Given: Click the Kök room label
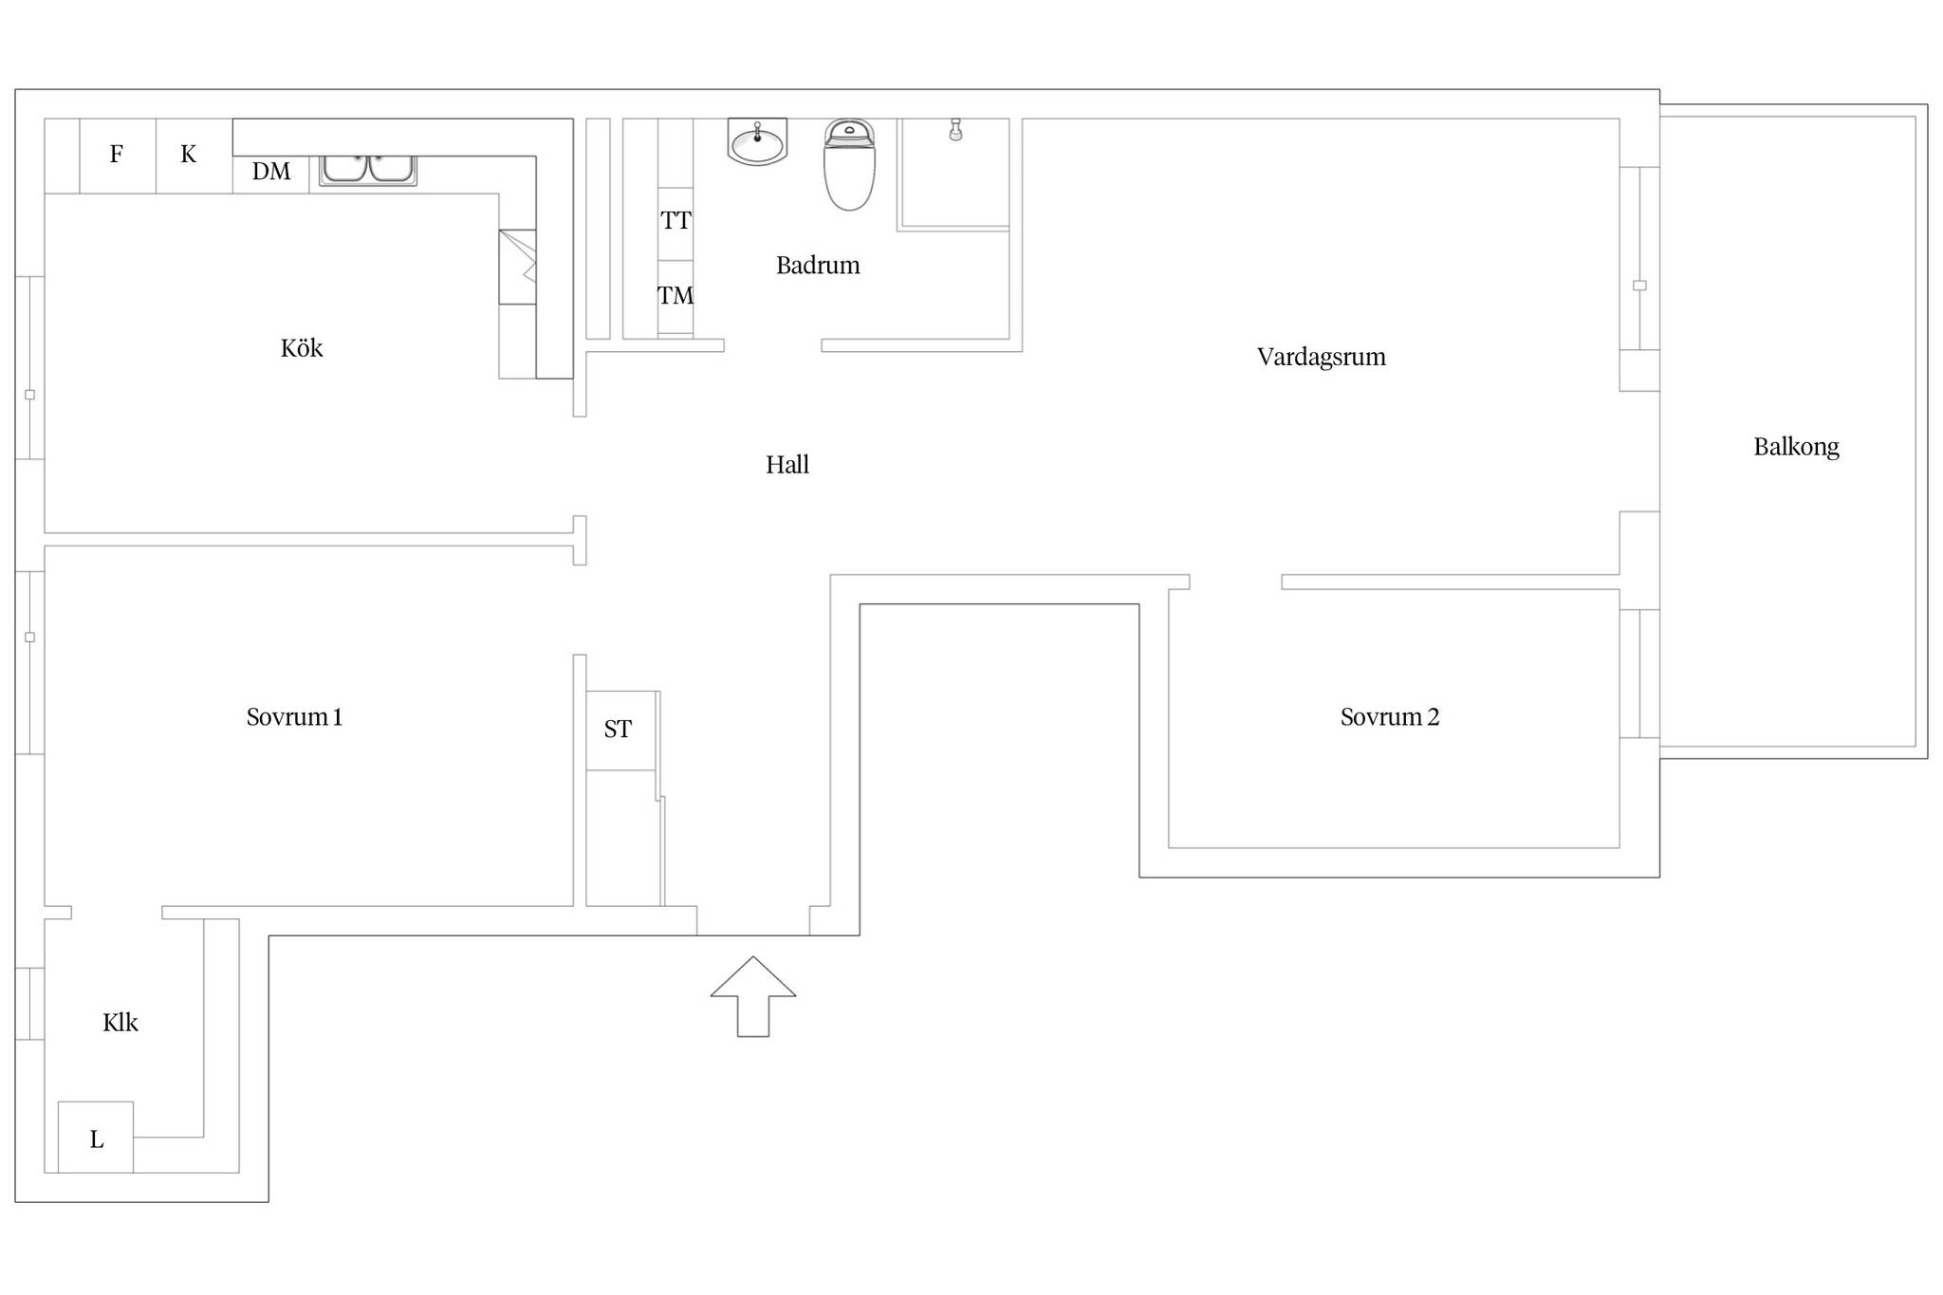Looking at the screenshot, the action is pyautogui.click(x=302, y=348).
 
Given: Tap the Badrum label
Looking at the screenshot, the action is pyautogui.click(x=818, y=265).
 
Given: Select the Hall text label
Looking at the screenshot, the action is pyautogui.click(x=787, y=464).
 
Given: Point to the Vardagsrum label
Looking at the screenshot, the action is pyautogui.click(x=1322, y=357).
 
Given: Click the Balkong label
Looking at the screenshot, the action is pyautogui.click(x=1796, y=447).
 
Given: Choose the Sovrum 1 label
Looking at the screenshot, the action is pyautogui.click(x=294, y=716).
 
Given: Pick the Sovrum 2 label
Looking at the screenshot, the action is pyautogui.click(x=1390, y=716).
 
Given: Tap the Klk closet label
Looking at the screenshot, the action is pyautogui.click(x=120, y=1022).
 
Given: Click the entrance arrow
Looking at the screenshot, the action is pyautogui.click(x=753, y=996).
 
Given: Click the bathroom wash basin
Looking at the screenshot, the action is pyautogui.click(x=757, y=142).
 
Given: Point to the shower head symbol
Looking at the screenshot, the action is pyautogui.click(x=955, y=130).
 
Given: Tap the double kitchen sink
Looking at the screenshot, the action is pyautogui.click(x=368, y=170).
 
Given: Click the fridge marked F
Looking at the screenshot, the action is pyautogui.click(x=117, y=156).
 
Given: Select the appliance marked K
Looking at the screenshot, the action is pyautogui.click(x=189, y=156).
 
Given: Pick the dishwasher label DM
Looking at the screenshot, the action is pyautogui.click(x=271, y=172).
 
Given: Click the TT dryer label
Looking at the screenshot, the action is pyautogui.click(x=675, y=221).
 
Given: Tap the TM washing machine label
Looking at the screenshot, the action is pyautogui.click(x=675, y=296).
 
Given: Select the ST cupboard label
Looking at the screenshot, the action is pyautogui.click(x=618, y=730).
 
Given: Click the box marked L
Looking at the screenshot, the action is pyautogui.click(x=96, y=1138).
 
